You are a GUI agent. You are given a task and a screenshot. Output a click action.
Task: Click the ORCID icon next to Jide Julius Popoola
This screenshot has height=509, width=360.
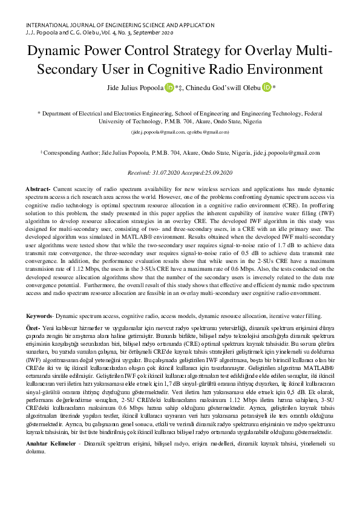tap(168, 88)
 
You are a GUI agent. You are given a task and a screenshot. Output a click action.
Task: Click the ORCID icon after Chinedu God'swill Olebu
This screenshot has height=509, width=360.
tap(267, 88)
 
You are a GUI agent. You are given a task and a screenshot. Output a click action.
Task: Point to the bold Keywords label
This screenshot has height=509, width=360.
tap(40, 316)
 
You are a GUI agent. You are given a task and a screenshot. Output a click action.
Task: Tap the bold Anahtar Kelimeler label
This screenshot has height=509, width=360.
tap(53, 444)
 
